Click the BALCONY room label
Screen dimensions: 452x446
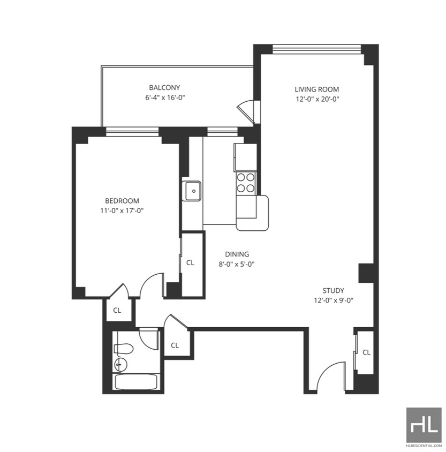click(164, 87)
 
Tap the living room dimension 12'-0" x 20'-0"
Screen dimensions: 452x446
click(317, 99)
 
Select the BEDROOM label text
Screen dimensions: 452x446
click(122, 201)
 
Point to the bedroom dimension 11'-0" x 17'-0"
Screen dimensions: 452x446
click(122, 210)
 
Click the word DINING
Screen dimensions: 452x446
click(237, 254)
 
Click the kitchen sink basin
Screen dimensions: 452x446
click(193, 191)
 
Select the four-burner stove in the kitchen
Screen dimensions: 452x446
click(246, 183)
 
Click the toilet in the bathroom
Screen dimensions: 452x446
click(124, 349)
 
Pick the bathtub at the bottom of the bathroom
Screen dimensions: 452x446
click(136, 382)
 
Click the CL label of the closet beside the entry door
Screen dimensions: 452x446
click(366, 352)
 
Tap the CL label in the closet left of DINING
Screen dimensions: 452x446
click(190, 263)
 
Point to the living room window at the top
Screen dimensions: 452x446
click(317, 49)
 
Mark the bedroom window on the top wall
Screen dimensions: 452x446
click(132, 130)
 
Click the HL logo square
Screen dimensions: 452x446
click(424, 424)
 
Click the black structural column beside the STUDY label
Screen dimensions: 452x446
click(366, 273)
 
